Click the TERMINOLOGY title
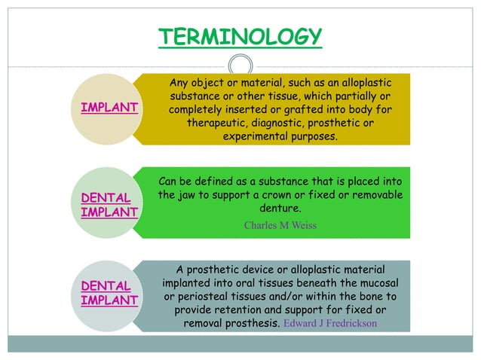pyautogui.click(x=240, y=35)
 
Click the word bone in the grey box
pyautogui.click(x=377, y=297)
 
